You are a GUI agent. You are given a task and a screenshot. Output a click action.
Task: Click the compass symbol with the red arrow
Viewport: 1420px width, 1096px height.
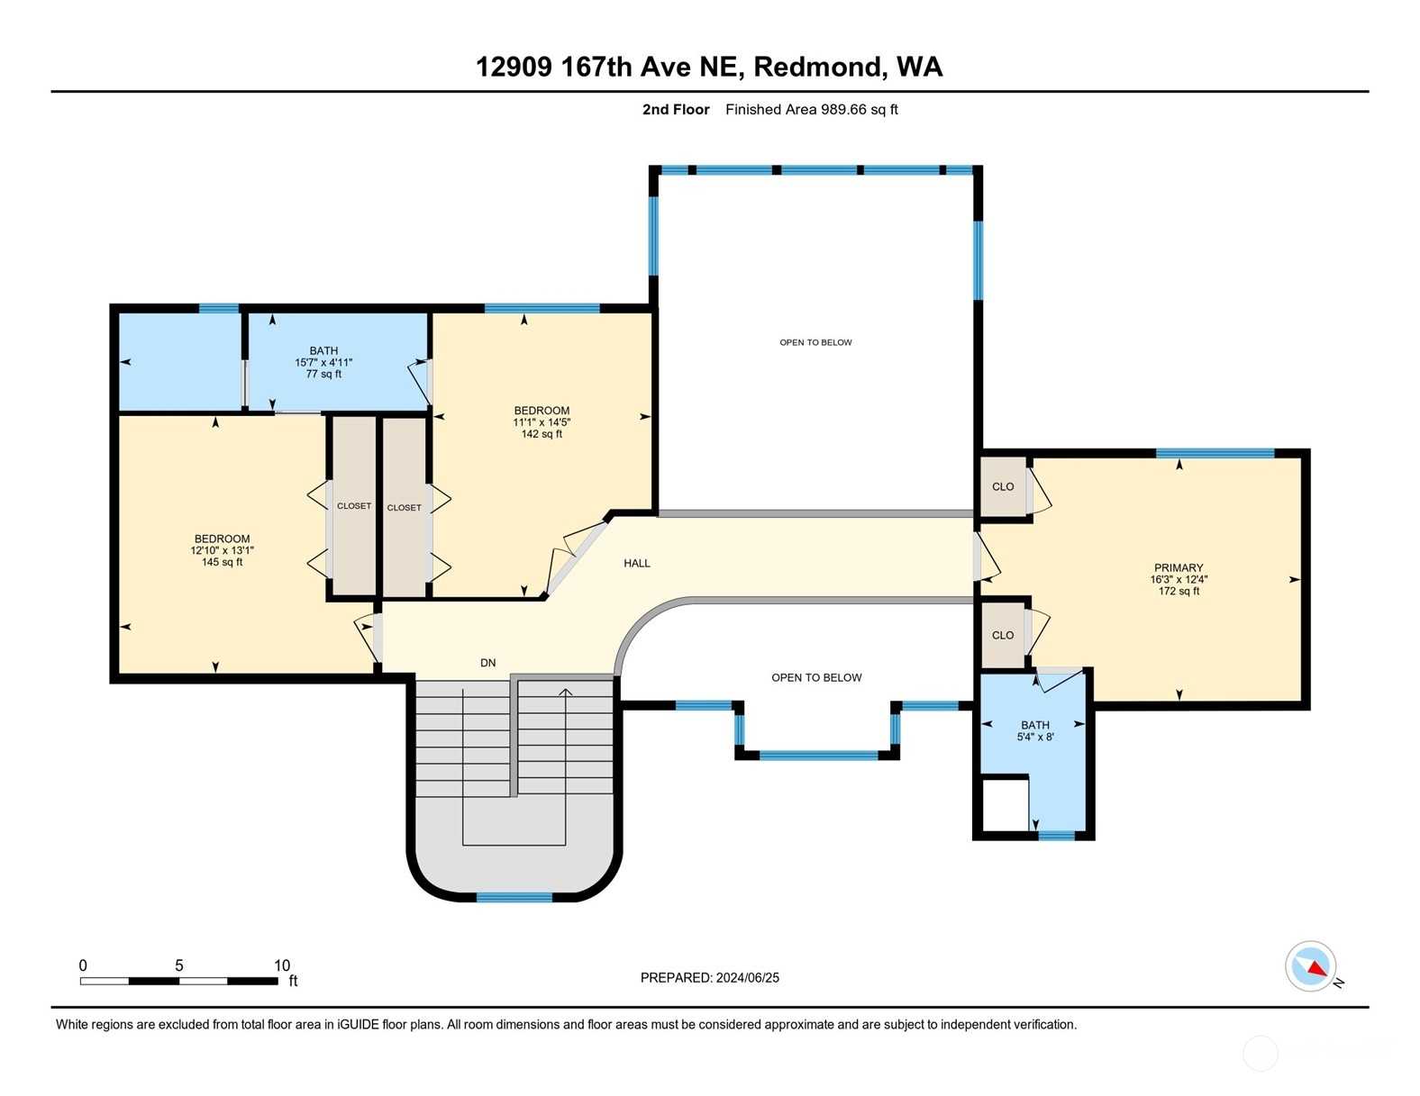coord(1309,966)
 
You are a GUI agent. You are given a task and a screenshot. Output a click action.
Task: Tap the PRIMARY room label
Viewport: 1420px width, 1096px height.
coord(1179,567)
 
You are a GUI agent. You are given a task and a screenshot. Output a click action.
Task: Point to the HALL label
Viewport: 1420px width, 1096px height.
coord(636,563)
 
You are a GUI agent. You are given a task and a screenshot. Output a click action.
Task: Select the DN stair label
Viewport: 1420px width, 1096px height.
coord(488,663)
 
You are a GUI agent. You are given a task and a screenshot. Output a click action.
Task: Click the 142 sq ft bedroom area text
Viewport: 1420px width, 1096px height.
coord(542,434)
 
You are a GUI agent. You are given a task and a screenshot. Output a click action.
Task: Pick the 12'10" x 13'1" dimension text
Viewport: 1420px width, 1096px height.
coord(223,550)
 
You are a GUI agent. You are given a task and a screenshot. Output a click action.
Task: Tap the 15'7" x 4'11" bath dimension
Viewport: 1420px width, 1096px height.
coord(323,363)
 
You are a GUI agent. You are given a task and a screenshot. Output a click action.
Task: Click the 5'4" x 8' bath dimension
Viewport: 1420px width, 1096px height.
coord(1035,737)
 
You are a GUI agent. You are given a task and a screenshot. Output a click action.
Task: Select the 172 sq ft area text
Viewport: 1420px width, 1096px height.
coord(1179,591)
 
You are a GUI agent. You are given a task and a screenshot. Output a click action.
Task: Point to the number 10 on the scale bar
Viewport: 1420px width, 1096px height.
coord(282,965)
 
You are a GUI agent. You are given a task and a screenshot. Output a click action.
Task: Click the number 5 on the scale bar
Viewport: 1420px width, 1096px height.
coord(179,965)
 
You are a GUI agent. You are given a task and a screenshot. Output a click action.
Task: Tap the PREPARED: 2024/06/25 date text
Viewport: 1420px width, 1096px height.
coord(710,978)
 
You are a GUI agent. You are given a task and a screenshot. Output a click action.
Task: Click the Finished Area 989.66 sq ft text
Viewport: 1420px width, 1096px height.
coord(812,110)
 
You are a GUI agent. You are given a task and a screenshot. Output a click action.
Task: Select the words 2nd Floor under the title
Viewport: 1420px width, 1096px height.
coord(676,110)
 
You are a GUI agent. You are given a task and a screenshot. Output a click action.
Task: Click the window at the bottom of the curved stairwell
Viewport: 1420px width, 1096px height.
coord(514,898)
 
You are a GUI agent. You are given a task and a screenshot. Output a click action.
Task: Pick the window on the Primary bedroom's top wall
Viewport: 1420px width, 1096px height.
coord(1215,453)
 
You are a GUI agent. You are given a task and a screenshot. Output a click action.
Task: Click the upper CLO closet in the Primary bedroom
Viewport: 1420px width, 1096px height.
coord(1003,486)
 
